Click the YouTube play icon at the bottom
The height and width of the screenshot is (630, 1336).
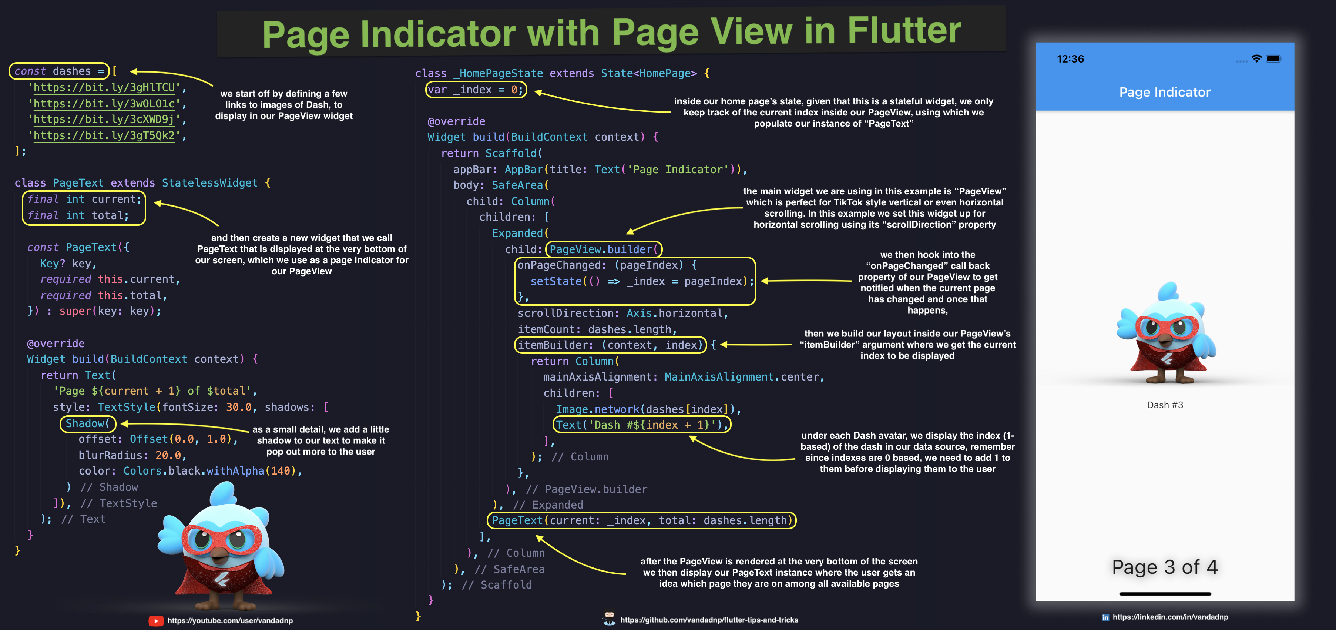155,621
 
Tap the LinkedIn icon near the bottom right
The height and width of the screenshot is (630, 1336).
1105,617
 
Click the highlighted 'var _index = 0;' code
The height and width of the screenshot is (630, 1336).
476,90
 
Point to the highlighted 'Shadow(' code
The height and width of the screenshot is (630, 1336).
88,423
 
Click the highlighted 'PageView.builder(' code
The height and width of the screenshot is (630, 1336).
604,249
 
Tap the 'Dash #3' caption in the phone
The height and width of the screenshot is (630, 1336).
1165,405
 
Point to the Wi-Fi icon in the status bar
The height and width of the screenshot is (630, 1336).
1256,58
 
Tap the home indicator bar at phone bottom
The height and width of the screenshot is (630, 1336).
1165,594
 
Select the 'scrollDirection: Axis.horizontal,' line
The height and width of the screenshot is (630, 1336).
622,313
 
